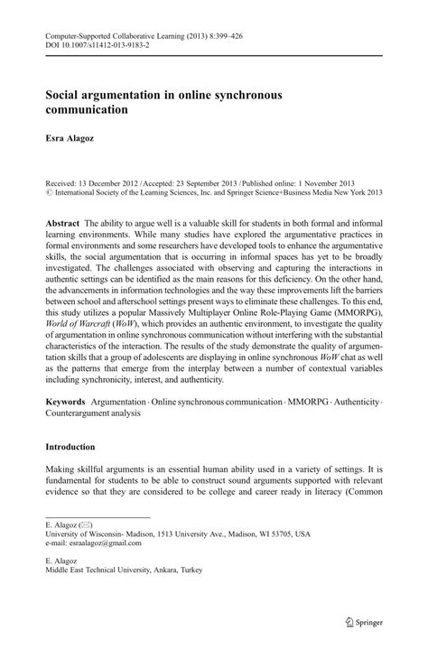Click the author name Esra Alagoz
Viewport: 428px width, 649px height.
(x=73, y=140)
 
